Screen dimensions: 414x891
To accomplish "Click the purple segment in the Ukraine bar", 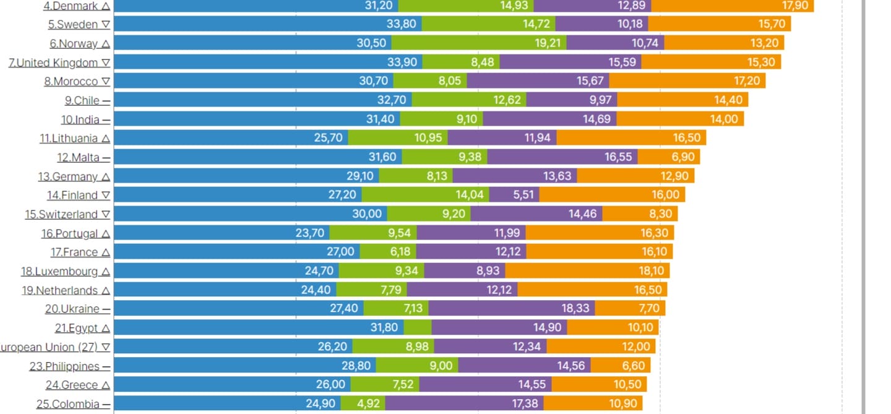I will (x=511, y=308).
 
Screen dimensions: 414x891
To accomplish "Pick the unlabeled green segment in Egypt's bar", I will (x=418, y=327).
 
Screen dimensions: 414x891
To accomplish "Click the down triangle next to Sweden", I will (x=106, y=25).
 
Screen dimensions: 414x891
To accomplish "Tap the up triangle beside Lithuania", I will (x=106, y=139).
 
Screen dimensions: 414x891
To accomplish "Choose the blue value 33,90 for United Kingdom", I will (x=402, y=63).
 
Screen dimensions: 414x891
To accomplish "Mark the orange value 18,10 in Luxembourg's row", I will (x=650, y=271).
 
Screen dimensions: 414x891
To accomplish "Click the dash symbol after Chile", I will (x=106, y=101).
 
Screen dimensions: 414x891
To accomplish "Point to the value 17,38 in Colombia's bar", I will (x=523, y=404).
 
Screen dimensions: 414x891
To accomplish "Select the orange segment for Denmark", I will (x=732, y=6).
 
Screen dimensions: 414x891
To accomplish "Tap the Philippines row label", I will (x=64, y=366).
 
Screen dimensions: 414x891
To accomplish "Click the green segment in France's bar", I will (x=388, y=252).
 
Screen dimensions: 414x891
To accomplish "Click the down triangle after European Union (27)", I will (x=106, y=347).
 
